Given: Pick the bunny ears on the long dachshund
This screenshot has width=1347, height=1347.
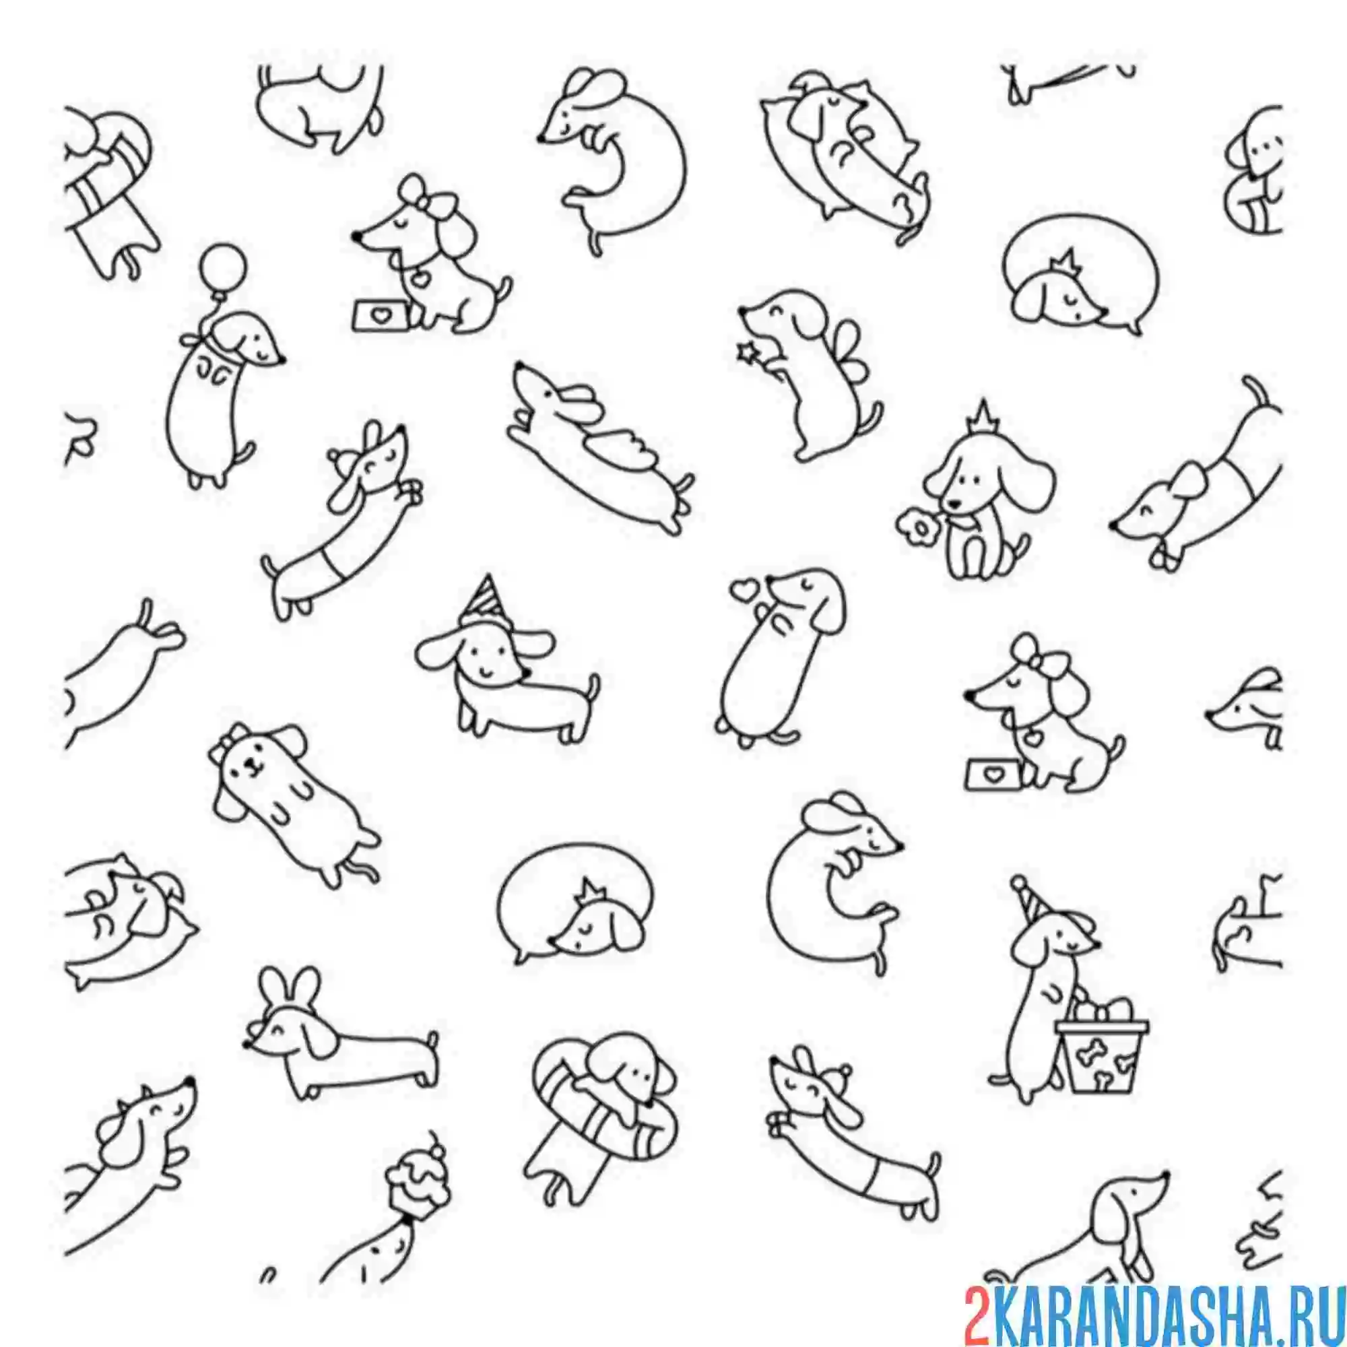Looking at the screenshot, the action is (289, 991).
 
